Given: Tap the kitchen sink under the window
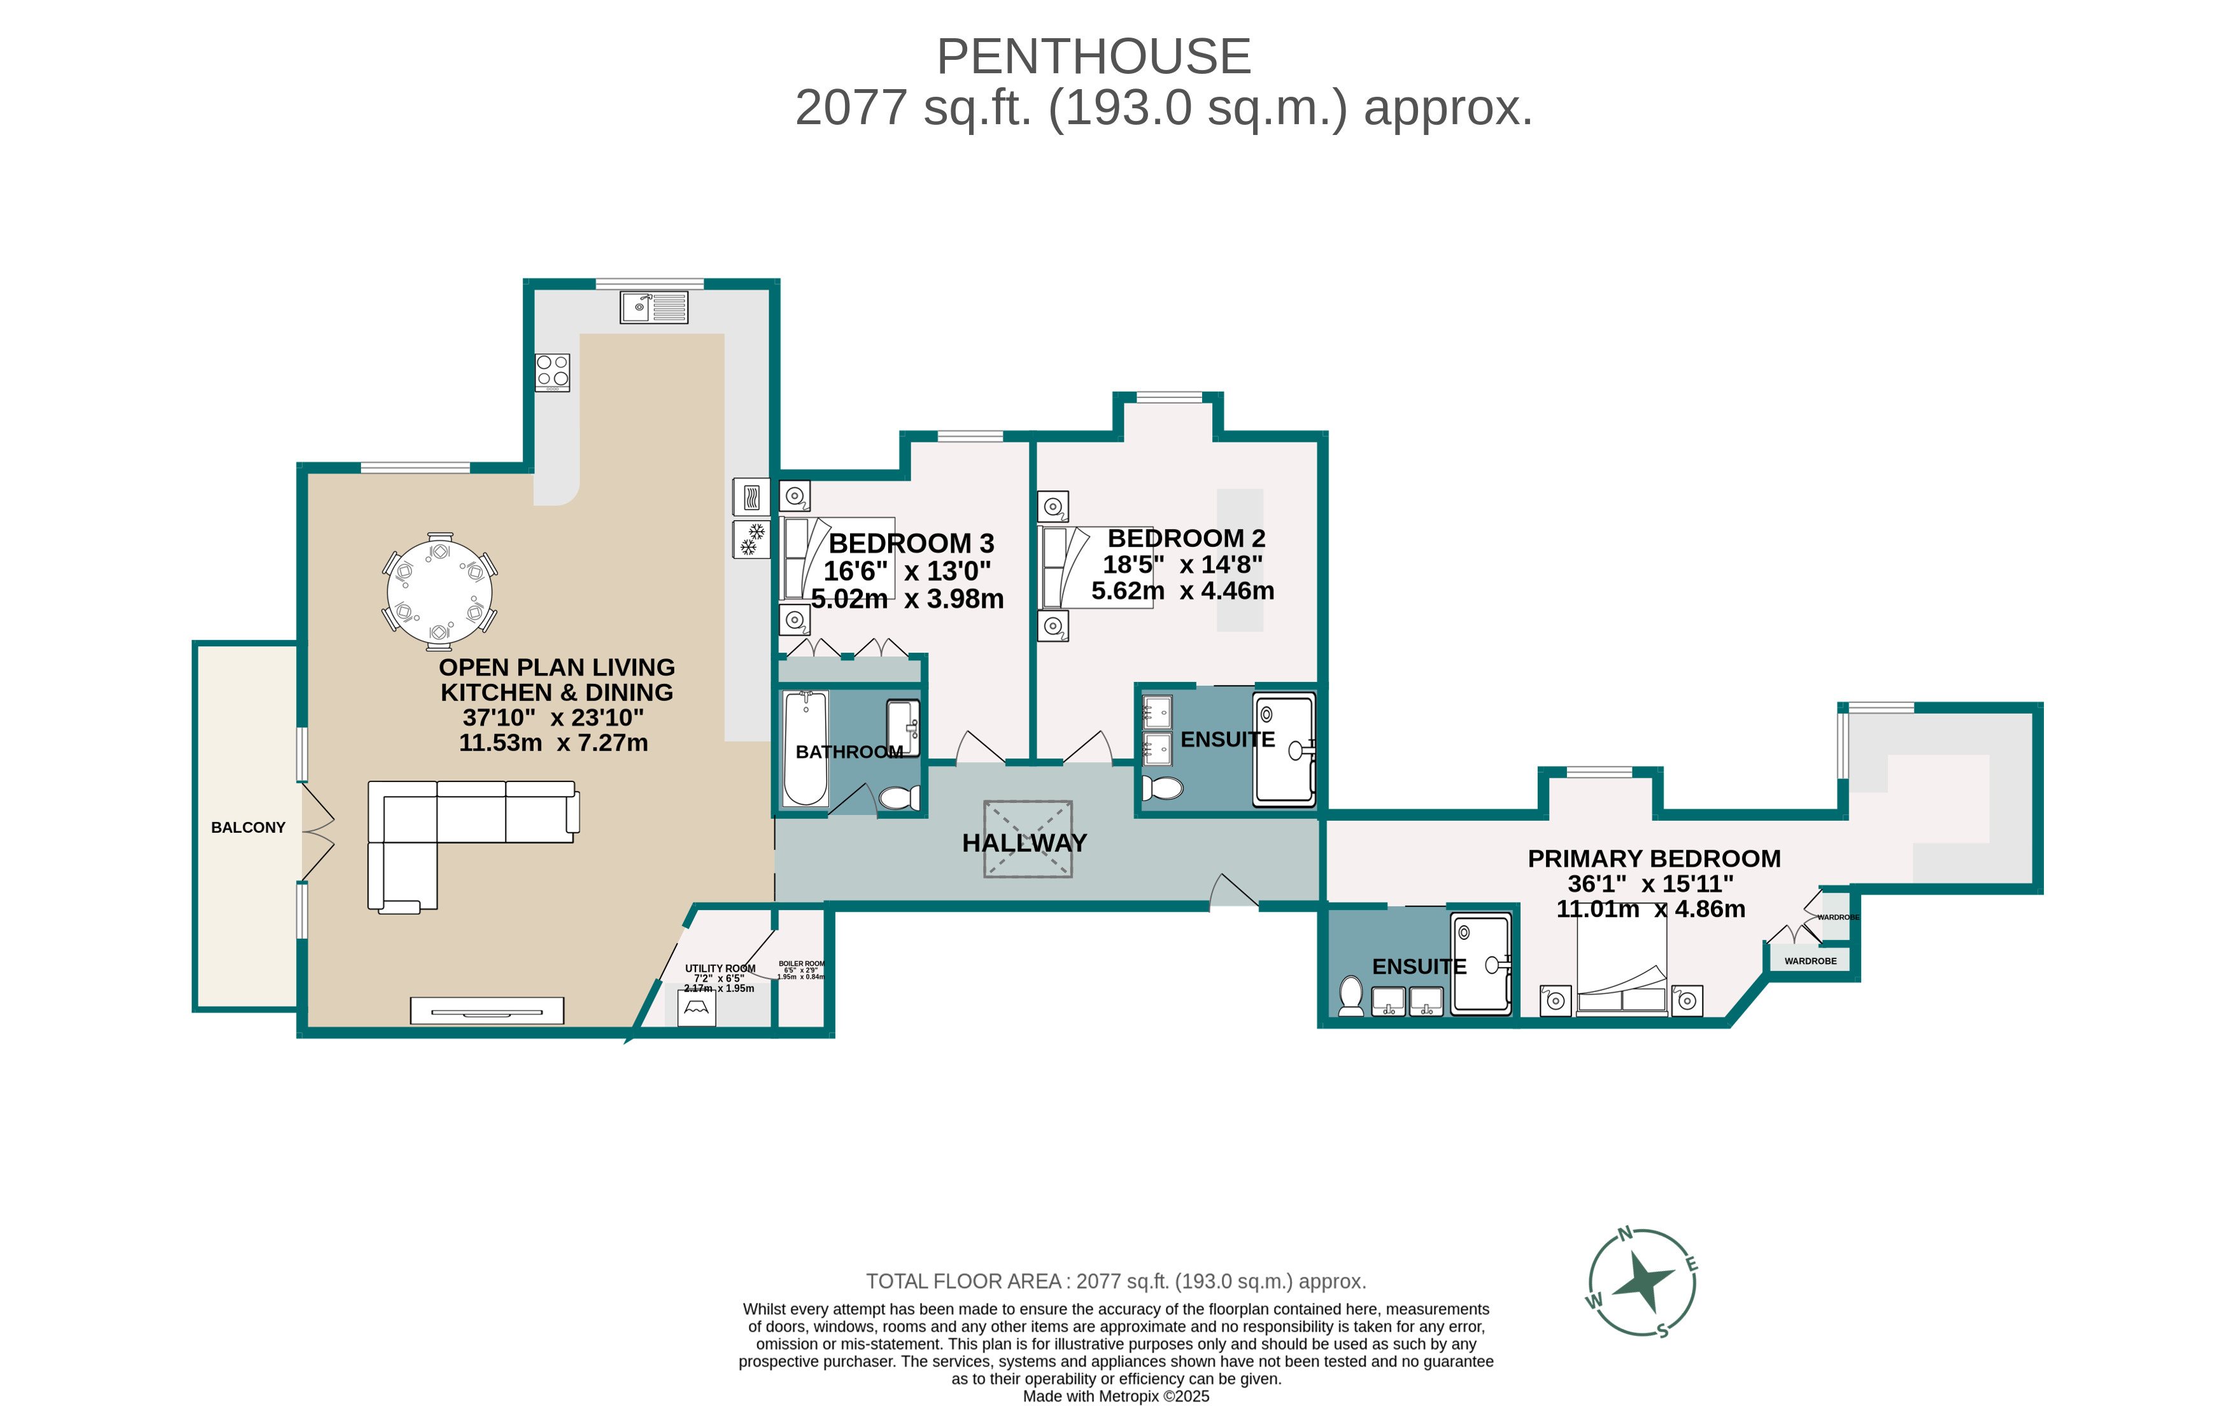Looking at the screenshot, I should coord(654,307).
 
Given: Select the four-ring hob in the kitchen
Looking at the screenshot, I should coord(553,372).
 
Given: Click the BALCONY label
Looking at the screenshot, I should coord(248,827).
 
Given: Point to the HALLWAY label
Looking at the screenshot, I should coord(1024,843).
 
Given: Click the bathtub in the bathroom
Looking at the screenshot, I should coord(805,748).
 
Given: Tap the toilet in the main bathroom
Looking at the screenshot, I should coord(898,798).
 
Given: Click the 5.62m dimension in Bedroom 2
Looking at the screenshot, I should coord(1127,591).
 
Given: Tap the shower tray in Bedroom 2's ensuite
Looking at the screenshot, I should coord(1284,748).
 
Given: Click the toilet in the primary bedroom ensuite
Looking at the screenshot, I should coord(1351,995).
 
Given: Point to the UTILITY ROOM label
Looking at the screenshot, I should coord(720,969).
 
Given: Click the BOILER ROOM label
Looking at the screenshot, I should coord(801,963).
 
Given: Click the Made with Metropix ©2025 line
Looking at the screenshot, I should coord(1116,1396).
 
